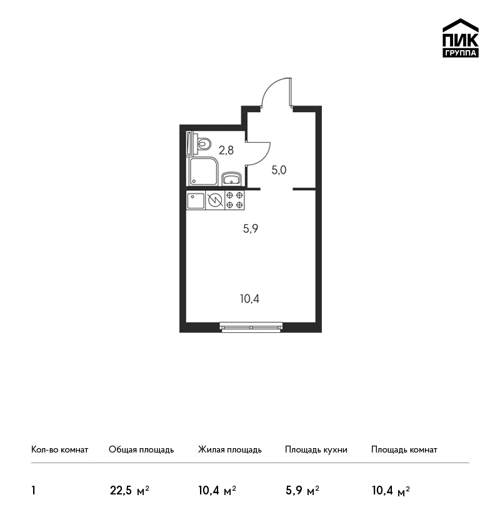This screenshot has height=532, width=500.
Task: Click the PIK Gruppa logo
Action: coord(461,38)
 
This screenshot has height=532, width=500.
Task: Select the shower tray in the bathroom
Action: coord(203,171)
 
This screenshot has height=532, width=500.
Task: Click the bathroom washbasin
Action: coord(232,179)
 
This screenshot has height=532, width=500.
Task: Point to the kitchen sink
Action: coord(196,200)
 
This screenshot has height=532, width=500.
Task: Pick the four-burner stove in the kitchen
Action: coord(234,200)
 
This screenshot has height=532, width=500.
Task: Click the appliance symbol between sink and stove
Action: coord(215,200)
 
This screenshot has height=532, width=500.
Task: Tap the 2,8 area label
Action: coord(226,150)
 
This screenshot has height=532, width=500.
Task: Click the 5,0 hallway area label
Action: coord(279,170)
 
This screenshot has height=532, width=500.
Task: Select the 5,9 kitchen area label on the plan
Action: coord(251,228)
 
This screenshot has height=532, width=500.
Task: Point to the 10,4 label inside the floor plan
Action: coord(249,299)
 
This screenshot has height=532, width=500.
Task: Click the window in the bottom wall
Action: coord(251,327)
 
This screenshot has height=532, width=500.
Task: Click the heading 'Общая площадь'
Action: coord(141,450)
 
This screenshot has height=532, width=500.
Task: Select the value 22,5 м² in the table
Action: coord(130,491)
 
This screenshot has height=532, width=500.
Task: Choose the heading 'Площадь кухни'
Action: coord(316,450)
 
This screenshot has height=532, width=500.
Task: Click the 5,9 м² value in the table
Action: coord(302,491)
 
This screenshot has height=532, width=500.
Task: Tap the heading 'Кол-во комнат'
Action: coord(59,450)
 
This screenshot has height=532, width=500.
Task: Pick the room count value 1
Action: coord(33,491)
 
